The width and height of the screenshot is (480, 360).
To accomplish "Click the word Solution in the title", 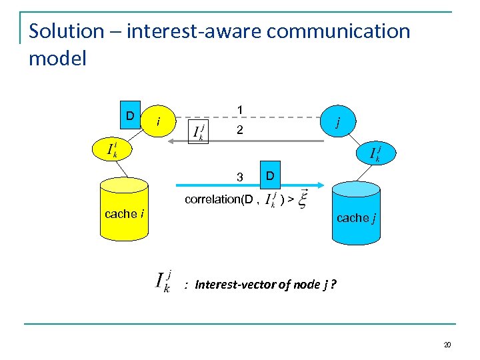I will coord(67,31).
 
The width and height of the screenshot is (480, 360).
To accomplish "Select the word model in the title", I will coord(57,59).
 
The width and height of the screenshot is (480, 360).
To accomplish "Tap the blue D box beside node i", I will coord(131,116).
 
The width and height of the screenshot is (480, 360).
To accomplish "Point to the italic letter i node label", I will coord(157,121).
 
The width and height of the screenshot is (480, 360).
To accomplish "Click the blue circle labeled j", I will coord(338,121).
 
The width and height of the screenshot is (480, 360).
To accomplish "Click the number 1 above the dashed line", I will coord(240,110).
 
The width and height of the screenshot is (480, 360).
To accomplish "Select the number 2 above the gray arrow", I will coord(240,132).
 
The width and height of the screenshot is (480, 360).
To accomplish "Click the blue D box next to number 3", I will coord(269,175).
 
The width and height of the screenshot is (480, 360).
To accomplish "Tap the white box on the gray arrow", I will coord(199,131).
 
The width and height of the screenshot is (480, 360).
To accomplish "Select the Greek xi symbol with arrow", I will coord(303,199).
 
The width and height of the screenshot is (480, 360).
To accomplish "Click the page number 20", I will coord(447,344).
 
